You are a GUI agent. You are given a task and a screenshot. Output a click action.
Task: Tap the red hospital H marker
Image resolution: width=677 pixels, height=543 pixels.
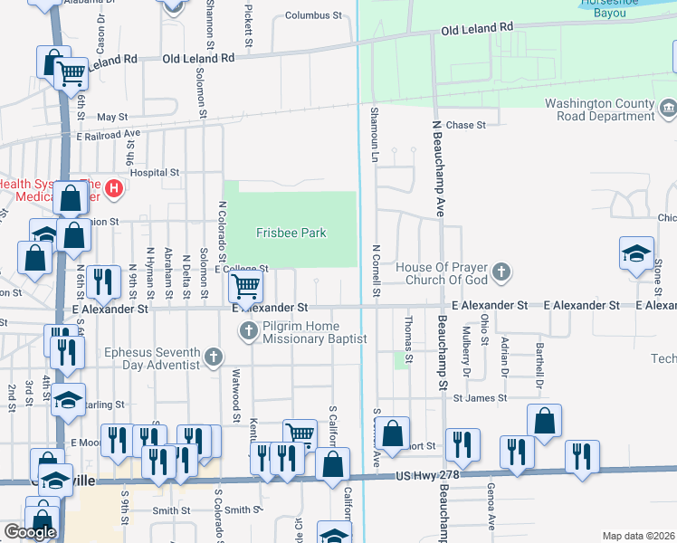114,188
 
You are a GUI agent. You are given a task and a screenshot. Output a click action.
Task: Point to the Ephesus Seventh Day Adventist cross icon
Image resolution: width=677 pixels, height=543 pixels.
214,357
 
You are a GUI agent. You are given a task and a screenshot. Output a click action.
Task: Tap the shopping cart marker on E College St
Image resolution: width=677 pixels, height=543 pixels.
246,287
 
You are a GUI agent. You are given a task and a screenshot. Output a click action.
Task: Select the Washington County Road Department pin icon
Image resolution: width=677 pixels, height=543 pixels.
668,110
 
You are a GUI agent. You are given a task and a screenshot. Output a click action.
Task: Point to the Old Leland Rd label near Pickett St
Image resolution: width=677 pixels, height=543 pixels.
197,57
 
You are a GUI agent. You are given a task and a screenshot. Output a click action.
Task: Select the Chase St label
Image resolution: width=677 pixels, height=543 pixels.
466,125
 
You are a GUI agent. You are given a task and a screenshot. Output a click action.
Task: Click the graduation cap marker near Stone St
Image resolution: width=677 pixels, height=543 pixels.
636,253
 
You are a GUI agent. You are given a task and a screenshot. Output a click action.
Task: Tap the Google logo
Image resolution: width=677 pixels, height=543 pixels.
30,532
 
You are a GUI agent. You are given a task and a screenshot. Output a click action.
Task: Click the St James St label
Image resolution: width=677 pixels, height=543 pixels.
477,397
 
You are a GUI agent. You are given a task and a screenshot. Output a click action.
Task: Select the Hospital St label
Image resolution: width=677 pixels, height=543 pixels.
154,172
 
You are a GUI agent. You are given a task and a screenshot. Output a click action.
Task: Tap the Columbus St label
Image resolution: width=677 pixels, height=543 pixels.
315,16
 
